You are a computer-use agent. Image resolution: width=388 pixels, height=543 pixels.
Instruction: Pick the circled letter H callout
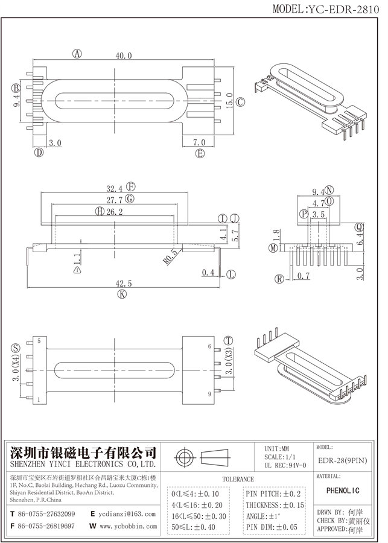pos(99,212)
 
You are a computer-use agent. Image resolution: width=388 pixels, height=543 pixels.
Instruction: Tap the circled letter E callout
pos(200,153)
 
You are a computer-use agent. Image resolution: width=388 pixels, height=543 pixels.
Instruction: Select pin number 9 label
pos(209,394)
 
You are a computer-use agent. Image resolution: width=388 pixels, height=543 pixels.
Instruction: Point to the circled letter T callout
pos(229,341)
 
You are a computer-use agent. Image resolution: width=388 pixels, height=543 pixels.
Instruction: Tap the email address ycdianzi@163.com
pos(127,513)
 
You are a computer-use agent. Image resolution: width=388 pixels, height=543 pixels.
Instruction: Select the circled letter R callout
pos(279,279)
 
